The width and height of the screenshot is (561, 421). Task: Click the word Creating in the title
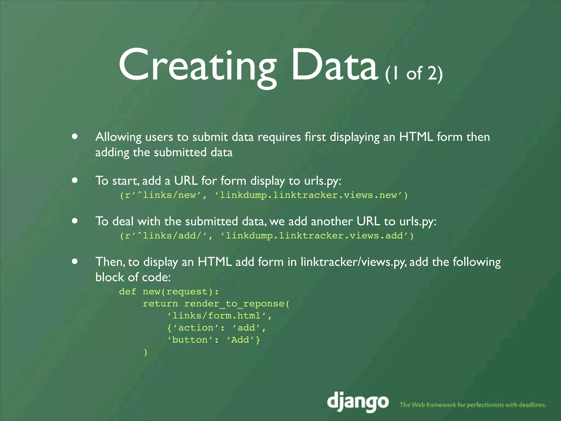[197, 66]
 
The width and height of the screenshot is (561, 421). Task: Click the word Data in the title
[334, 66]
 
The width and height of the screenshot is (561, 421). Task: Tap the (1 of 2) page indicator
[414, 73]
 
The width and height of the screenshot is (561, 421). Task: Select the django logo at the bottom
[358, 402]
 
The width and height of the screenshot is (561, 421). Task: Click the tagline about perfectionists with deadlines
[473, 405]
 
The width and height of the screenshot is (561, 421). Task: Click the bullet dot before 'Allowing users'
[75, 136]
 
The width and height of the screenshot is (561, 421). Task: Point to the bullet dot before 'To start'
[75, 180]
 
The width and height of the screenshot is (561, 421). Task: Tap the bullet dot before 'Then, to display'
[75, 261]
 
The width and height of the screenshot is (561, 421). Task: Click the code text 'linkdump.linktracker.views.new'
[308, 195]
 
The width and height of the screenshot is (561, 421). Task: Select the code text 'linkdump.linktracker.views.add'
[314, 236]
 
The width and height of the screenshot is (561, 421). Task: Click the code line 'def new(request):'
[169, 292]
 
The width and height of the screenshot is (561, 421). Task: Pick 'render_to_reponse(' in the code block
[237, 304]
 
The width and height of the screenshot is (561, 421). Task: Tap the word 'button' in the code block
[190, 340]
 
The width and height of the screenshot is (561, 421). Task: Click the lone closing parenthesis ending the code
[145, 352]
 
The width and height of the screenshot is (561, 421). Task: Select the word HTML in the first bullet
[416, 137]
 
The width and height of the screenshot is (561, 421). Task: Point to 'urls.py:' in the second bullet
[322, 181]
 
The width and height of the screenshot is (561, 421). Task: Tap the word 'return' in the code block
[160, 304]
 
